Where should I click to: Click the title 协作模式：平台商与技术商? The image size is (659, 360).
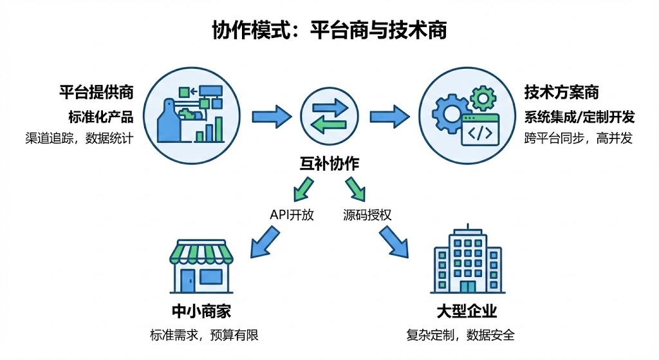tap(329, 30)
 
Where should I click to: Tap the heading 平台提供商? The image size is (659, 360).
tap(97, 92)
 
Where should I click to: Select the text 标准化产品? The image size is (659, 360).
tap(100, 117)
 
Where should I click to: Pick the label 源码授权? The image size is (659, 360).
tap(367, 215)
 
